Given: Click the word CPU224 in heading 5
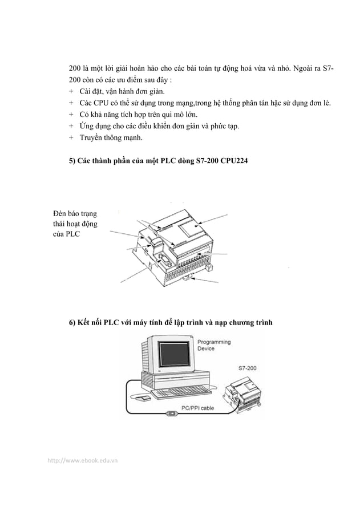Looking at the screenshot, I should coord(233,163).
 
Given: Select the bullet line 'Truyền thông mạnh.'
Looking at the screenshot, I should coord(111,137).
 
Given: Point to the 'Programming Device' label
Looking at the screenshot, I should coord(214,345).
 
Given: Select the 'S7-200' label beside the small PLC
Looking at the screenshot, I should coord(247,369).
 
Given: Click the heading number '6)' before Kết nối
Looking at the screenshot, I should coord(72,323).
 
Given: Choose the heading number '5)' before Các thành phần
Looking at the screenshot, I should coord(72,163).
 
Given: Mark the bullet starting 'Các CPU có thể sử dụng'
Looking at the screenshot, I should coord(204,103).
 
